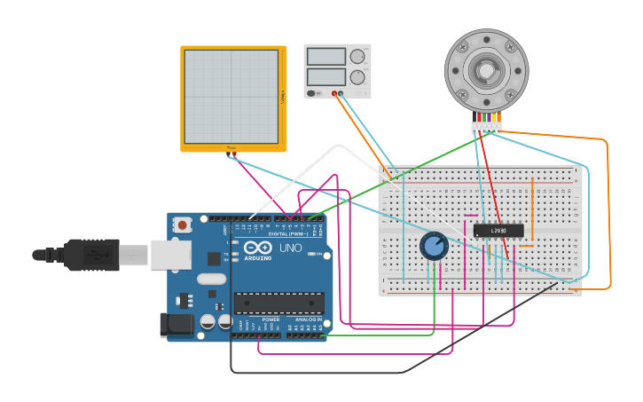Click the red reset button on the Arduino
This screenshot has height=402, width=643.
pyautogui.click(x=183, y=225)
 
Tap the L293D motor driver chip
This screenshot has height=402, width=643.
pyautogui.click(x=498, y=231)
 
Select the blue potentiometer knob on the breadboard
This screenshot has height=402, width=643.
pyautogui.click(x=434, y=245)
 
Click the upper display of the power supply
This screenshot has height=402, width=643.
pyautogui.click(x=325, y=57)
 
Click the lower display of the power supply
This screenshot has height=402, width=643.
pyautogui.click(x=325, y=76)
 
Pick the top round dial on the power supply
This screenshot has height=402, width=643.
pyautogui.click(x=357, y=57)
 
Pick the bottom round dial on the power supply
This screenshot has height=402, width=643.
pyautogui.click(x=357, y=77)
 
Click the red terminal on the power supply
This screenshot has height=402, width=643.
pyautogui.click(x=334, y=92)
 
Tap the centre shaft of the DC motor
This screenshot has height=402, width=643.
pyautogui.click(x=485, y=71)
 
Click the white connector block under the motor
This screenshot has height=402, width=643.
pyautogui.click(x=486, y=128)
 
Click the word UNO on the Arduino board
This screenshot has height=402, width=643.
pyautogui.click(x=291, y=248)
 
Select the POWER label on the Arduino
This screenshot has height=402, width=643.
pyautogui.click(x=271, y=319)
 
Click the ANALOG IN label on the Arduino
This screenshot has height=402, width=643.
pyautogui.click(x=309, y=319)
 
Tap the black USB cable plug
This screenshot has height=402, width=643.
pyautogui.click(x=89, y=255)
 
